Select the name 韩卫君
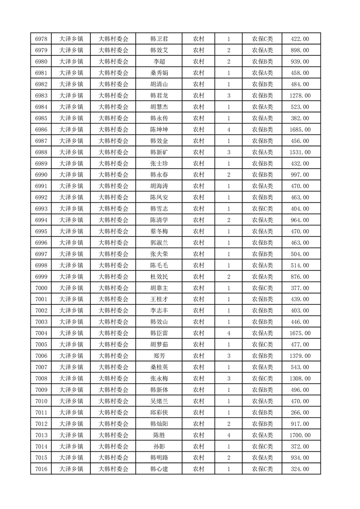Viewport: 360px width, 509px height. (159, 39)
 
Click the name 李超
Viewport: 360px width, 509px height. (159, 62)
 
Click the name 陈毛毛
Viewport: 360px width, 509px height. (159, 265)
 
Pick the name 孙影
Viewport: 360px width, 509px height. (159, 446)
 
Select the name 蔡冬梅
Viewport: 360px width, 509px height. (159, 231)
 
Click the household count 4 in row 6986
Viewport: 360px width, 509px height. (228, 130)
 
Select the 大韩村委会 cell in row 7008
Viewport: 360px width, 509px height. (113, 378)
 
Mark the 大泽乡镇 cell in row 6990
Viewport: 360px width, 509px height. (71, 175)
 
